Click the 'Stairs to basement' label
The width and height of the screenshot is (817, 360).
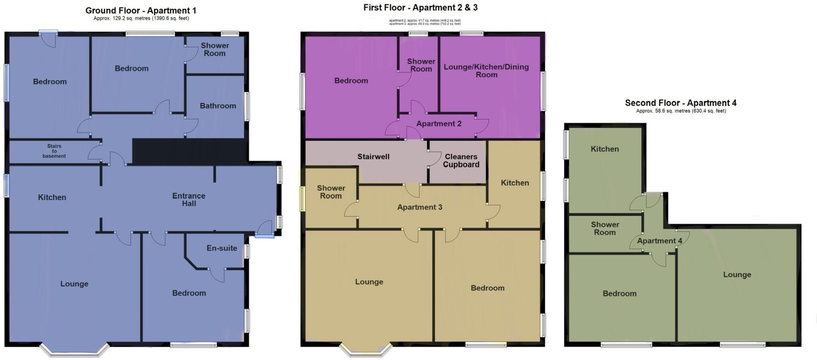(54, 151)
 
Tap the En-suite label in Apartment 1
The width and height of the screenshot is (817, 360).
(222, 248)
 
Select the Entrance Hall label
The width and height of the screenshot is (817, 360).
(189, 200)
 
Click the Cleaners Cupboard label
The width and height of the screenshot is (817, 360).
(461, 160)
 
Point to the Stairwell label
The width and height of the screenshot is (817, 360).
(373, 156)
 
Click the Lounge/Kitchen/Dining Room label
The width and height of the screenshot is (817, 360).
(486, 71)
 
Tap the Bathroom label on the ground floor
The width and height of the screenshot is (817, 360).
(218, 106)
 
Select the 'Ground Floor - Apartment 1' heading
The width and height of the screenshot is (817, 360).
(141, 11)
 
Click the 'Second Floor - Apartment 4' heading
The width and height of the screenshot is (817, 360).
(681, 103)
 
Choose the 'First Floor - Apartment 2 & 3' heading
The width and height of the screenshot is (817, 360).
(420, 8)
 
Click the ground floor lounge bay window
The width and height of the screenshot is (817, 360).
(74, 350)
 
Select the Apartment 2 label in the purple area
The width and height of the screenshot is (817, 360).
(439, 124)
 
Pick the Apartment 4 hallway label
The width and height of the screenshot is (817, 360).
(659, 241)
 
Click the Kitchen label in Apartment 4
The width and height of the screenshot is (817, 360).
(605, 149)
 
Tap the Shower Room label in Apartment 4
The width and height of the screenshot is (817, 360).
(605, 228)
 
